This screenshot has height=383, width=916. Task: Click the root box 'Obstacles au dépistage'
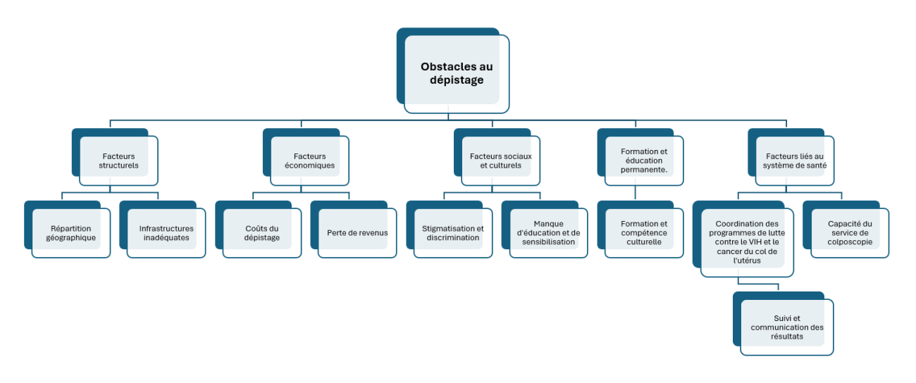pos(457,73)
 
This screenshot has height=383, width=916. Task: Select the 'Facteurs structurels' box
pos(118,161)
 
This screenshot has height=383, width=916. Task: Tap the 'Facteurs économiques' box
pos(309,161)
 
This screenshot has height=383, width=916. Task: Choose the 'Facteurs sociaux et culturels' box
pos(500,161)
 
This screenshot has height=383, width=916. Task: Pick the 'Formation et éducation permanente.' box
pos(644,161)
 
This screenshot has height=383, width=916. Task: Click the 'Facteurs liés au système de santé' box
pos(794,161)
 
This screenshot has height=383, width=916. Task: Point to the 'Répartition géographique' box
pos(71,233)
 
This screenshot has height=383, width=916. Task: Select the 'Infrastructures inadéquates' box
pos(166,233)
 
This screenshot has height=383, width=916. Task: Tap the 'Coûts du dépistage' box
pos(262,233)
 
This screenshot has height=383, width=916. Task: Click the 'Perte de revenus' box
pos(357,233)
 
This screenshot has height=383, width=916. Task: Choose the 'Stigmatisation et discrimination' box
pos(453,233)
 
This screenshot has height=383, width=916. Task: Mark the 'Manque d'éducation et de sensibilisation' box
pos(548,233)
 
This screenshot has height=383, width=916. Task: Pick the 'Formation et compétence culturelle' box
pos(644,233)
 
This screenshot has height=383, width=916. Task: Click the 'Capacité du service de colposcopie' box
pos(850,233)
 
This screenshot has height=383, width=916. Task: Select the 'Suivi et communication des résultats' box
pos(787,327)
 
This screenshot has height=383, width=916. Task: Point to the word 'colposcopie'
pos(850,242)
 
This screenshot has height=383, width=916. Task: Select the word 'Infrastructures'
pos(166,228)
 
